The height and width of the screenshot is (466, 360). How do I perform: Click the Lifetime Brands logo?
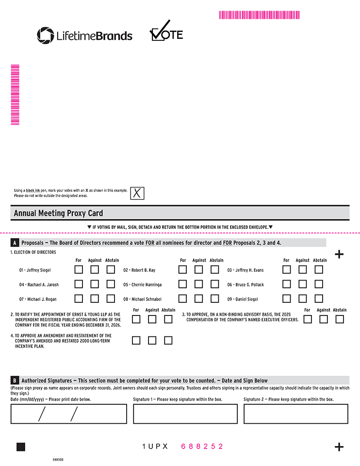pos(84,35)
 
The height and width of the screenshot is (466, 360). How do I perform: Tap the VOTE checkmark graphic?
pos(166,32)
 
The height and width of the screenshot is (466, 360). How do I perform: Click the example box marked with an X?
pos(137,193)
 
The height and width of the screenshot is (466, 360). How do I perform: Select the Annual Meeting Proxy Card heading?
pos(58,213)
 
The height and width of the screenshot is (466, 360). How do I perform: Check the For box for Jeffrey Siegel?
pos(79,269)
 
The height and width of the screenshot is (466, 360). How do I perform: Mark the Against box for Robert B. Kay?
pos(198,269)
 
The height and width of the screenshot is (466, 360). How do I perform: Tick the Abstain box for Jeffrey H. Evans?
pos(319,269)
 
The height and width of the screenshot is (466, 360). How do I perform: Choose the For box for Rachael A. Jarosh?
pos(79,284)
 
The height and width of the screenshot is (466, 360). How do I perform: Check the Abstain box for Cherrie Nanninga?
pos(214,284)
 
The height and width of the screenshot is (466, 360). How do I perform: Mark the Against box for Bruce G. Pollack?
pos(303,284)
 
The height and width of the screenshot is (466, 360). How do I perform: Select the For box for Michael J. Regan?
pos(79,299)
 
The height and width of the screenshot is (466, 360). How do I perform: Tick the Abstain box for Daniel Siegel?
pos(319,299)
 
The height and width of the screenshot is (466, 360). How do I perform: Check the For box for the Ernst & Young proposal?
pos(136,319)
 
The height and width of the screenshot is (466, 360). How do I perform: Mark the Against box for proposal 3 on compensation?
pos(324,319)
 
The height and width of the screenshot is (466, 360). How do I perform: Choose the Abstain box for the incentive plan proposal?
pos(168,340)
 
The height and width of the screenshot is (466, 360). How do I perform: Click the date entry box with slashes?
pos(68,414)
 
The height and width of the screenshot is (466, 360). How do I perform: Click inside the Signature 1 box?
pos(185,414)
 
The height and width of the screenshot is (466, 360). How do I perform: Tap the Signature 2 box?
pos(295,414)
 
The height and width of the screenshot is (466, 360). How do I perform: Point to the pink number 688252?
pos(202,446)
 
